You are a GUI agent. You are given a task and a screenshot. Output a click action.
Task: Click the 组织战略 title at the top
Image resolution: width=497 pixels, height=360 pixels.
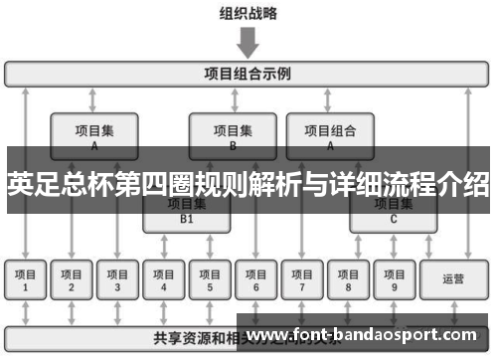(x=248, y=14)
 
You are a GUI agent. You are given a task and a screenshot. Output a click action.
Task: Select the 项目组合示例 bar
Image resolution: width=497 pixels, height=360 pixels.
(x=248, y=74)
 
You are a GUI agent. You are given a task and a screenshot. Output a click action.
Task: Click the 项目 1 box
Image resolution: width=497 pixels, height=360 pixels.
(x=26, y=279)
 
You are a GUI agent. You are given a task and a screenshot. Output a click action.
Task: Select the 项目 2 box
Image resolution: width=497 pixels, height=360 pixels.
(x=72, y=279)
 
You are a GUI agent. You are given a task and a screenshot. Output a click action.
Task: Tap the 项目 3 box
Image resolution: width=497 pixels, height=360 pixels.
(x=117, y=279)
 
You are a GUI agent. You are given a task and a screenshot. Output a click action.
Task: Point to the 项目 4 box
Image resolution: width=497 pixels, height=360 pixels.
(x=164, y=279)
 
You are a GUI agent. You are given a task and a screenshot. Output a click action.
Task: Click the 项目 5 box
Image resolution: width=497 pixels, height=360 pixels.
(x=210, y=279)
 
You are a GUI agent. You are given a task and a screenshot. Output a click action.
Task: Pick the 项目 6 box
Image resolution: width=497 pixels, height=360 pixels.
(x=256, y=279)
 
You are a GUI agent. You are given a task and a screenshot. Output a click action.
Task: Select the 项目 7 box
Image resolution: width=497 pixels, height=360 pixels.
(x=302, y=279)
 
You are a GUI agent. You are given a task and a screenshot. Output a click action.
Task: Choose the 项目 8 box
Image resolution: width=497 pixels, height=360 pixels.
(x=348, y=279)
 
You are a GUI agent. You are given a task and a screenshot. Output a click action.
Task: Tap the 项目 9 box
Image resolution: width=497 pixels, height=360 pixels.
(x=394, y=279)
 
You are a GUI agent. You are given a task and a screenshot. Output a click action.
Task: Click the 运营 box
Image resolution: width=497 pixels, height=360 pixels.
(x=453, y=279)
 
